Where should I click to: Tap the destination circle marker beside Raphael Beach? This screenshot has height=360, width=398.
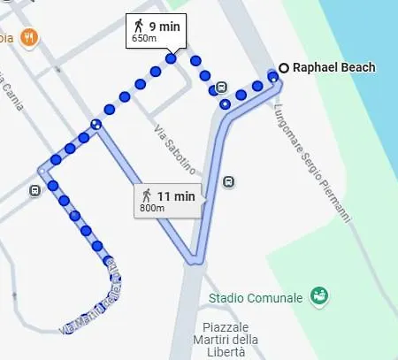(x=283, y=68)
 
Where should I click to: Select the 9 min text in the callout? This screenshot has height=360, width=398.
(x=165, y=27)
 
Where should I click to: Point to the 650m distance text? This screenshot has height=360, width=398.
(x=144, y=39)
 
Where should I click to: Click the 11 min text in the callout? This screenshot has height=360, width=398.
(x=175, y=195)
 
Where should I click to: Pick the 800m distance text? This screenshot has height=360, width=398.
(x=152, y=208)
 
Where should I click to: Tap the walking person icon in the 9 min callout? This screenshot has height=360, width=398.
(x=140, y=25)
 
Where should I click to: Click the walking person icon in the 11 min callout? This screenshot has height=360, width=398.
(x=147, y=195)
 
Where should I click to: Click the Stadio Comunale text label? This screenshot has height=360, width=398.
(x=256, y=297)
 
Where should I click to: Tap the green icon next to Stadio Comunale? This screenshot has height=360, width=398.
(x=320, y=295)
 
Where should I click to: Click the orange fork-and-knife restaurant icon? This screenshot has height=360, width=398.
(x=29, y=37)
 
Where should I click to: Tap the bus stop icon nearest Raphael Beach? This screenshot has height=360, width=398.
(x=219, y=88)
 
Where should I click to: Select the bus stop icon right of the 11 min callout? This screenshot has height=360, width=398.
(x=229, y=182)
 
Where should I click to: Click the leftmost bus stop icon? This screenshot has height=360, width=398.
(x=34, y=190)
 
